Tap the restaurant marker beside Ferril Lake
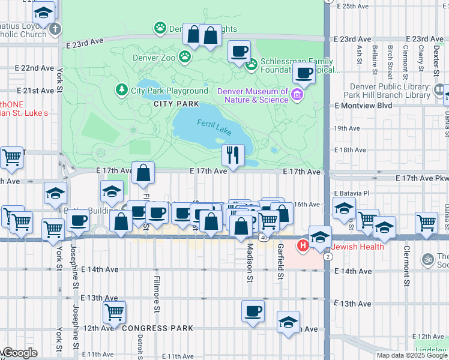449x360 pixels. (233, 155)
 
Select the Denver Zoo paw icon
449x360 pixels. (185, 57)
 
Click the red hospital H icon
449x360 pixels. (304, 245)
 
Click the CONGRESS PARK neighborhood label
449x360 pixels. (157, 328)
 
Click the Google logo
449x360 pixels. (20, 353)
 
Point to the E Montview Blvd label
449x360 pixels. (363, 105)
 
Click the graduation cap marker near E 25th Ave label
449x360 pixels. (44, 13)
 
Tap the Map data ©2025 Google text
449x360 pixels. (412, 355)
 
